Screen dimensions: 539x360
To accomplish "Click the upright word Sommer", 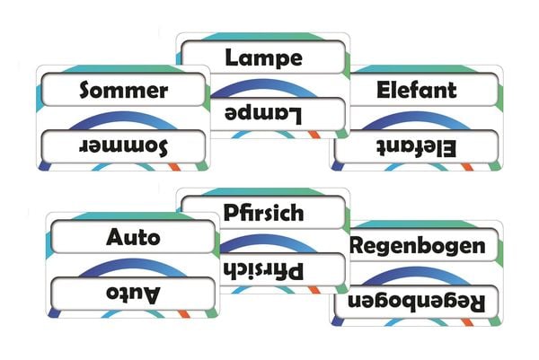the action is pos(124,90).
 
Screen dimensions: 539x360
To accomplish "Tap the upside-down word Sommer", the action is pos(124,146).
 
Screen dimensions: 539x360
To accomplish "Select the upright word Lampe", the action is pos(263,58).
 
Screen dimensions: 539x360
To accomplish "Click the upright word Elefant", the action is pos(417,90).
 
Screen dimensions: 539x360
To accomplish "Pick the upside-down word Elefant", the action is pos(417,148).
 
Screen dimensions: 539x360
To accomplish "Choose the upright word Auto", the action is pos(133,237).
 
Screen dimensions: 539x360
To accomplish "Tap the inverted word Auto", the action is pos(133,294).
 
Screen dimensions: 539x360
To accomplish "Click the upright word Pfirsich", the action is pos(263,213).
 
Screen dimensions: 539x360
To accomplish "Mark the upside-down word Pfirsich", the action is pos(263,271).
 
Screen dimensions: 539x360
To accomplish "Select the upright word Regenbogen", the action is pos(418,247).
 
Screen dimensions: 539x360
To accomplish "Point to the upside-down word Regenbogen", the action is pos(417,303).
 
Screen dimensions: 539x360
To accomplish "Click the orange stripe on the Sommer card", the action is pos(174,167).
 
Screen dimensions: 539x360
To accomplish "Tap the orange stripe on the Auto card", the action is pos(184,314).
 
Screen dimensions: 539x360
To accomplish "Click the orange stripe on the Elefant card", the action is pos(467,167).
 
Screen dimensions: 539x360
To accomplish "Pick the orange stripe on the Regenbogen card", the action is pos(467,322).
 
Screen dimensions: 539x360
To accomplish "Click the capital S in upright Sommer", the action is pos(86,90).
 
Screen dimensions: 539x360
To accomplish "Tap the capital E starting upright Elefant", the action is pos(384,90).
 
